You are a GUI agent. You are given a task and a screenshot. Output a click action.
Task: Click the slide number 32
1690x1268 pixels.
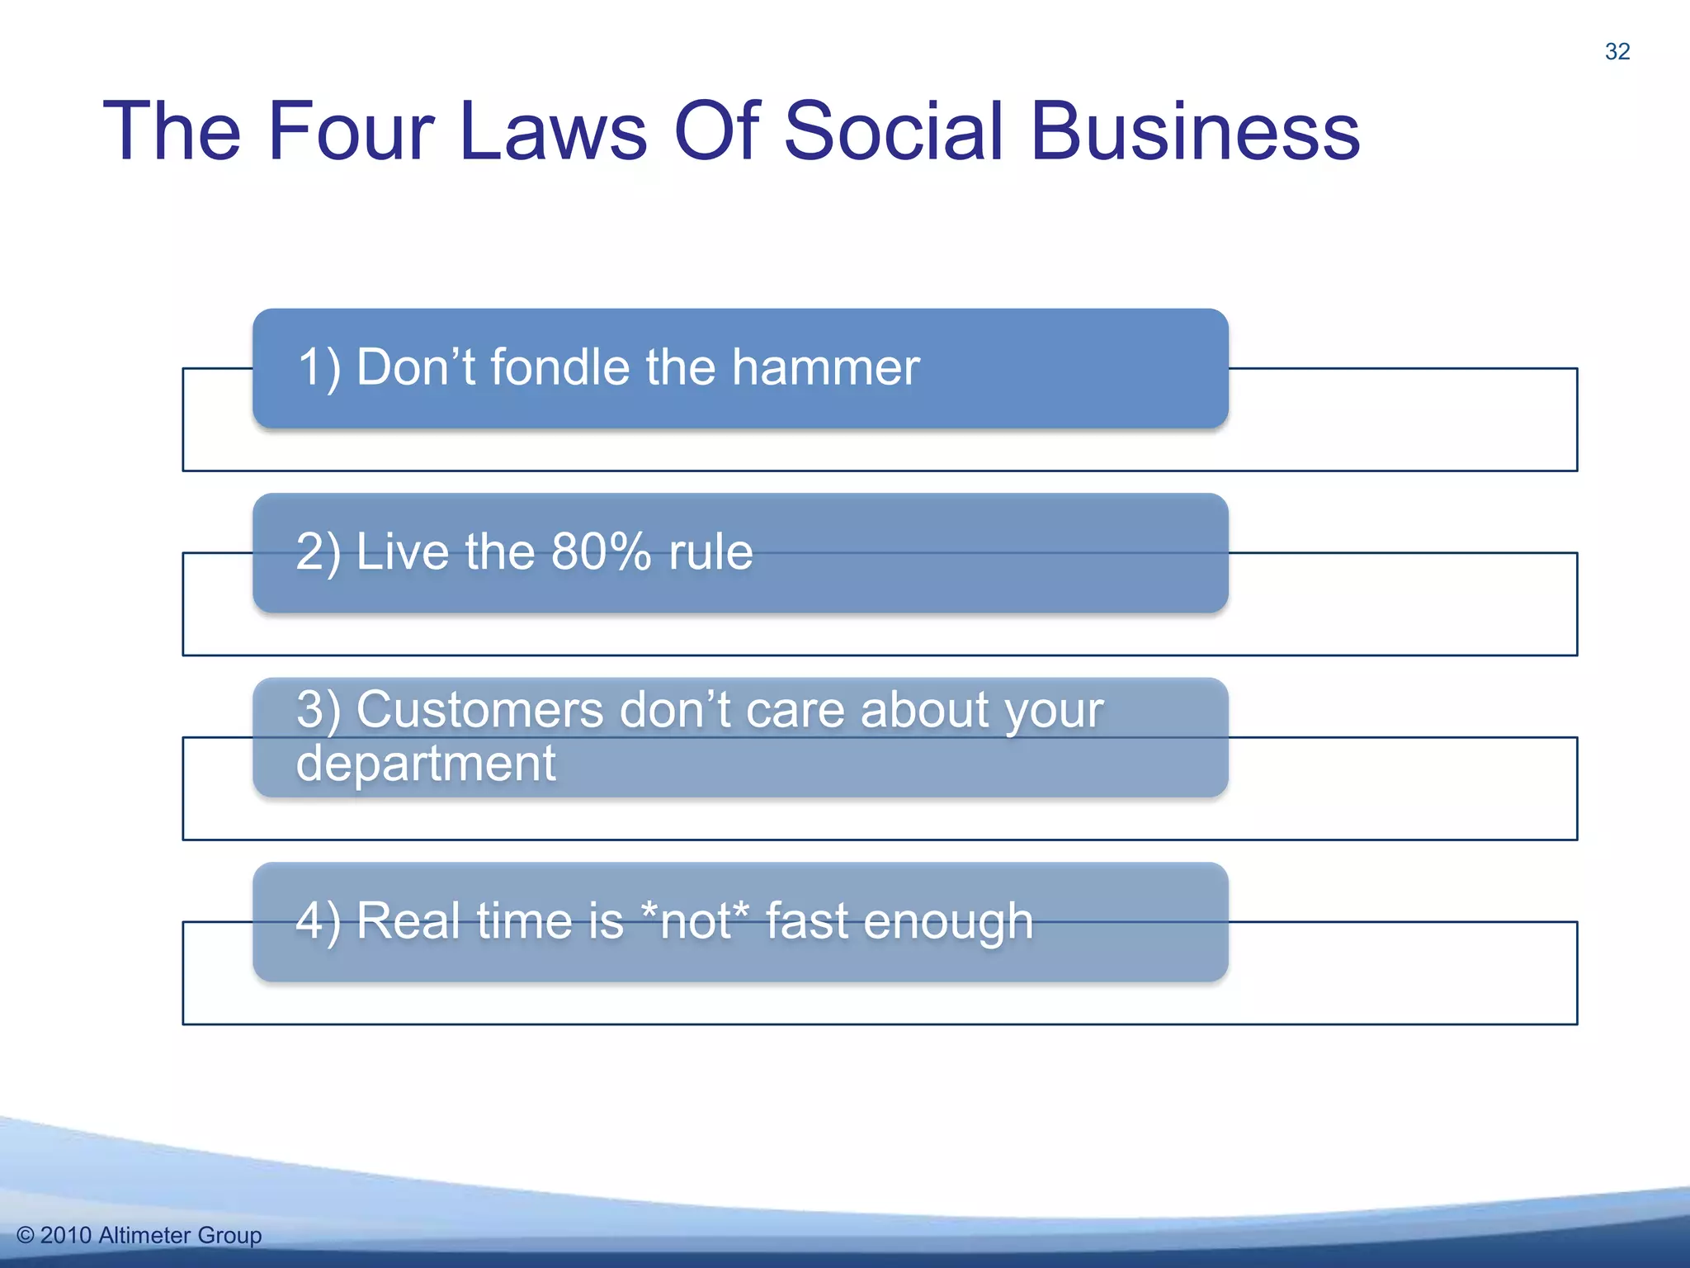[x=1617, y=51]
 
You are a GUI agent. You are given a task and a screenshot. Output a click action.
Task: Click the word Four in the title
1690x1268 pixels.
[x=350, y=132]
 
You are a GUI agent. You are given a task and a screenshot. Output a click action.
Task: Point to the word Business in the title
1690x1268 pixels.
[x=1194, y=132]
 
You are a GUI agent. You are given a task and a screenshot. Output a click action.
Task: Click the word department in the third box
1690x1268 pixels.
[x=426, y=764]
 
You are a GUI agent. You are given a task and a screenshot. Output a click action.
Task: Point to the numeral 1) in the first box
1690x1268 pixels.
[x=319, y=368]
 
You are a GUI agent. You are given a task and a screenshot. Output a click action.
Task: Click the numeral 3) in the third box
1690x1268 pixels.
[x=319, y=710]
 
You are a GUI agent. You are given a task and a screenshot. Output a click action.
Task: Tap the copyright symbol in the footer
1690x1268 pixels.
[x=26, y=1236]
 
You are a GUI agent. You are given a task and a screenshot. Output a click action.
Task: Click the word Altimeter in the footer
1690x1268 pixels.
[x=144, y=1236]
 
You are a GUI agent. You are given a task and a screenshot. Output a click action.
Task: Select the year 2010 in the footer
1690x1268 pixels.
[x=65, y=1236]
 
